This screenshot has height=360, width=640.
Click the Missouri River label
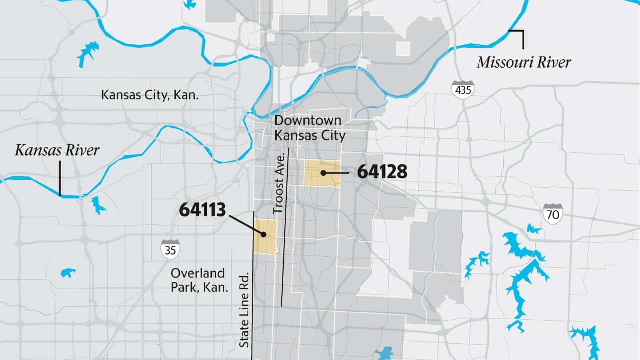524,63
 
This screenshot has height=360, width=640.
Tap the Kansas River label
57,150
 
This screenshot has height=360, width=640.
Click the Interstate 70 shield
553,213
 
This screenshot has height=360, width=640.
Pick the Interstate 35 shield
170,248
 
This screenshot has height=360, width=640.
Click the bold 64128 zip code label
382,172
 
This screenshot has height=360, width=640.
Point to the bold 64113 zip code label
202,210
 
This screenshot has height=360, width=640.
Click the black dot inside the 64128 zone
323,173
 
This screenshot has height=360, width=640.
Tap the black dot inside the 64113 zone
262,233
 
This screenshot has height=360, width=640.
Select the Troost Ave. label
280,183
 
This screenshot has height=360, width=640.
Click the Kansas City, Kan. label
150,95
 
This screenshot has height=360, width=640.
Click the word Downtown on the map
308,120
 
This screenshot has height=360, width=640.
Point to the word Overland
198,273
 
